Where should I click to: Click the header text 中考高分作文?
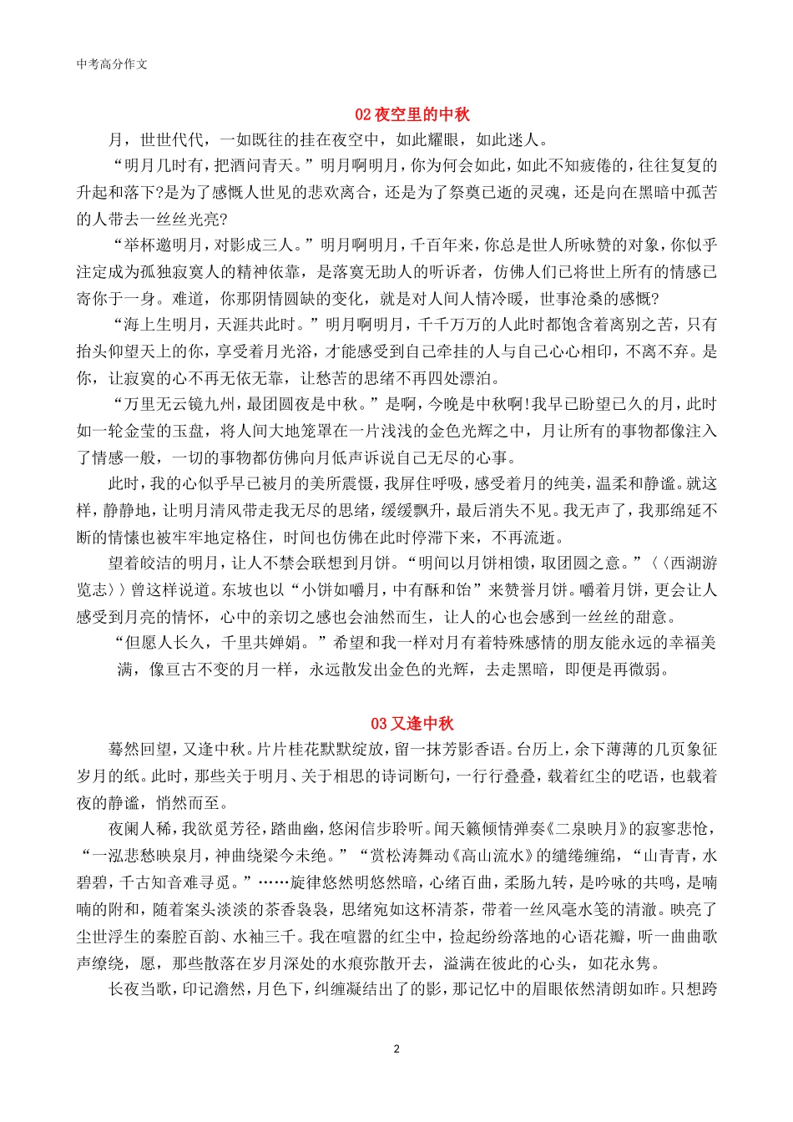[x=112, y=64]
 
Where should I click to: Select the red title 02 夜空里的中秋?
[x=412, y=114]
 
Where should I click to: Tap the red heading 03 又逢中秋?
[x=412, y=724]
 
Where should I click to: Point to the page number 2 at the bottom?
[x=396, y=1049]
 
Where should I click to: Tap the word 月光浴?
[x=285, y=351]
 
